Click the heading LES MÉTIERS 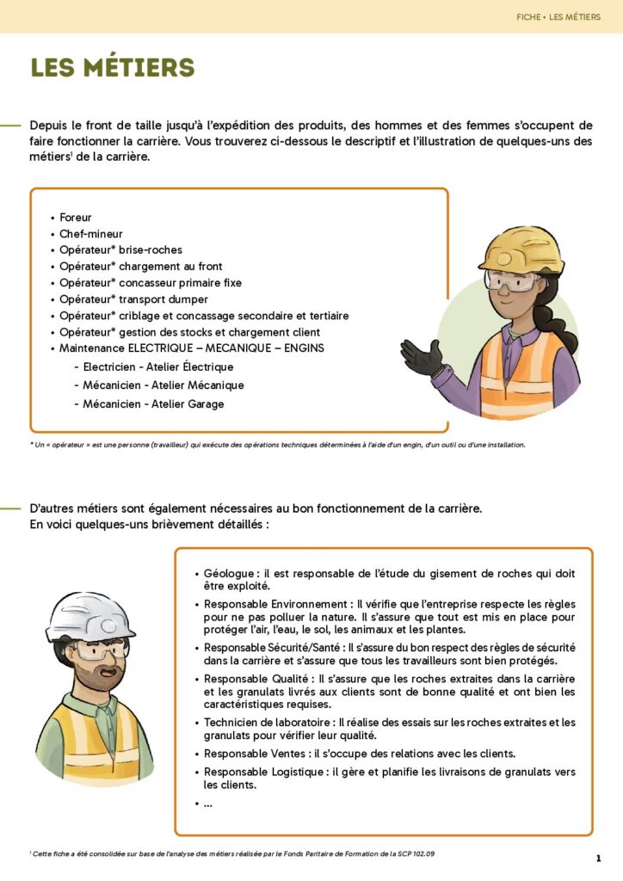point(113,68)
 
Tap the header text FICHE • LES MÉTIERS point(558,16)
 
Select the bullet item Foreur point(76,218)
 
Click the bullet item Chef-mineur point(91,234)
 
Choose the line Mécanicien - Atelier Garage point(154,404)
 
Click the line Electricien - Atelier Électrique point(158,367)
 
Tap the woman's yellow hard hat point(521,250)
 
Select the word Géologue point(229,573)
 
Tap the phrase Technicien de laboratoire point(270,723)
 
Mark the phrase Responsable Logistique point(261,772)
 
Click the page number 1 point(598,859)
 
